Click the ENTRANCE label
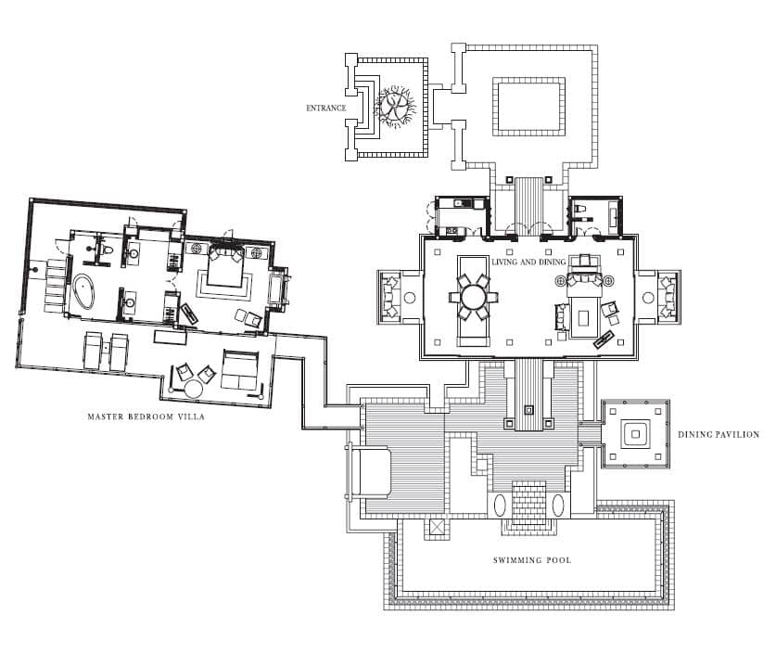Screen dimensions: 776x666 325,108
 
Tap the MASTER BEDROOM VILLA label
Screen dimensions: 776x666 146,416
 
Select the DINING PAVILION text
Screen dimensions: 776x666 719,435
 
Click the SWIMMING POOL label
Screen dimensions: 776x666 532,560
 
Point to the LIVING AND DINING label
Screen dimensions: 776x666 528,262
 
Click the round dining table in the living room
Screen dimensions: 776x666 474,298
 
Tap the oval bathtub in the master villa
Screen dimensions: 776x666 83,292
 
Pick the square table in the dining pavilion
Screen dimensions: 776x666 635,434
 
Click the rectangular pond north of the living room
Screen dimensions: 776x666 529,107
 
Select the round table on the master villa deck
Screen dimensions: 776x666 193,389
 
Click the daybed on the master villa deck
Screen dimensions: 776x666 240,370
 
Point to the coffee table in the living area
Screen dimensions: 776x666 585,317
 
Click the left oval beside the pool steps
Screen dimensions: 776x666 500,506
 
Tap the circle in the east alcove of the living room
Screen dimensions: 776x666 648,298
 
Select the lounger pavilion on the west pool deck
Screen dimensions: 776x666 369,471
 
